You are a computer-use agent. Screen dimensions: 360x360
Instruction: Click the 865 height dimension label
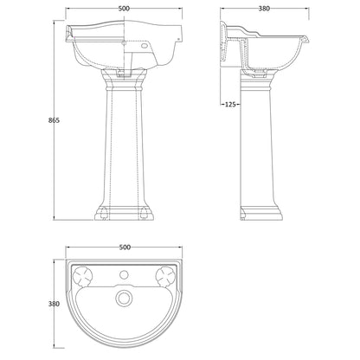point(54,120)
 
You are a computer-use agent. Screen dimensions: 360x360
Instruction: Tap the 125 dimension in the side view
point(230,105)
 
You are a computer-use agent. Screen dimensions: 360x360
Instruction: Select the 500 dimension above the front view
point(124,9)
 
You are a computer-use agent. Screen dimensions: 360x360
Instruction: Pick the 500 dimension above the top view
point(125,247)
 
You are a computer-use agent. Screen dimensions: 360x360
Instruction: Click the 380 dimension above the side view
point(264,9)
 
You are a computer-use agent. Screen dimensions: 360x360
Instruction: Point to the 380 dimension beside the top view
point(54,304)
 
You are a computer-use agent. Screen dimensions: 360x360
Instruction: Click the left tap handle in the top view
point(83,276)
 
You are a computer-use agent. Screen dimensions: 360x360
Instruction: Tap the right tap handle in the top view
point(165,276)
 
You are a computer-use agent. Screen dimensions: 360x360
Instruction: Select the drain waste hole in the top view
point(124,298)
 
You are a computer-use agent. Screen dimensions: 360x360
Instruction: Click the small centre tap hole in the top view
point(124,274)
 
